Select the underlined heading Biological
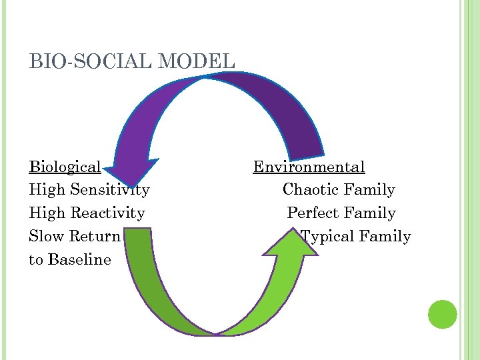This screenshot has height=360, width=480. [x=65, y=167]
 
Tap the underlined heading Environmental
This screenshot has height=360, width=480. [x=309, y=167]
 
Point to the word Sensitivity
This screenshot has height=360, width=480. [x=109, y=190]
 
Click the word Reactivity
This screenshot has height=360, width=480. [x=107, y=213]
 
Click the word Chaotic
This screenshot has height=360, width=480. [x=309, y=190]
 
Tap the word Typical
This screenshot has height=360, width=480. [x=327, y=237]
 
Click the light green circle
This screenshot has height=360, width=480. [x=442, y=314]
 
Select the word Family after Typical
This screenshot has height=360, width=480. [x=385, y=237]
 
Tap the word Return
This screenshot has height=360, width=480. [x=95, y=237]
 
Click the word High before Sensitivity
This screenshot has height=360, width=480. [x=47, y=190]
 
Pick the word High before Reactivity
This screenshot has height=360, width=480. [x=47, y=213]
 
